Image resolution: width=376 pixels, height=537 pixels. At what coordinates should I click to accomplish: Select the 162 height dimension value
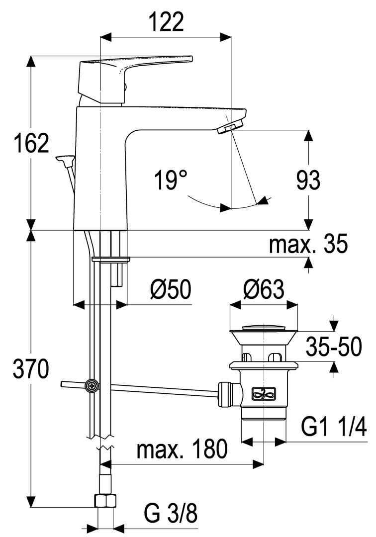(x=31, y=143)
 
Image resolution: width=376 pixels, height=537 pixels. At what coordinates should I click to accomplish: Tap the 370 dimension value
(x=31, y=369)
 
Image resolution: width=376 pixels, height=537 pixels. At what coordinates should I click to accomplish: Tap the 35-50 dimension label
(x=333, y=347)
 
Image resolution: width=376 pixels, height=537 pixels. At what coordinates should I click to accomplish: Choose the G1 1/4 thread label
(x=334, y=426)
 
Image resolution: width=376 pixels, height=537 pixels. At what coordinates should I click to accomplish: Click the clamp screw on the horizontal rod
(x=92, y=385)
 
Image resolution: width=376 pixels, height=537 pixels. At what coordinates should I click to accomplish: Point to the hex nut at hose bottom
(x=105, y=500)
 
